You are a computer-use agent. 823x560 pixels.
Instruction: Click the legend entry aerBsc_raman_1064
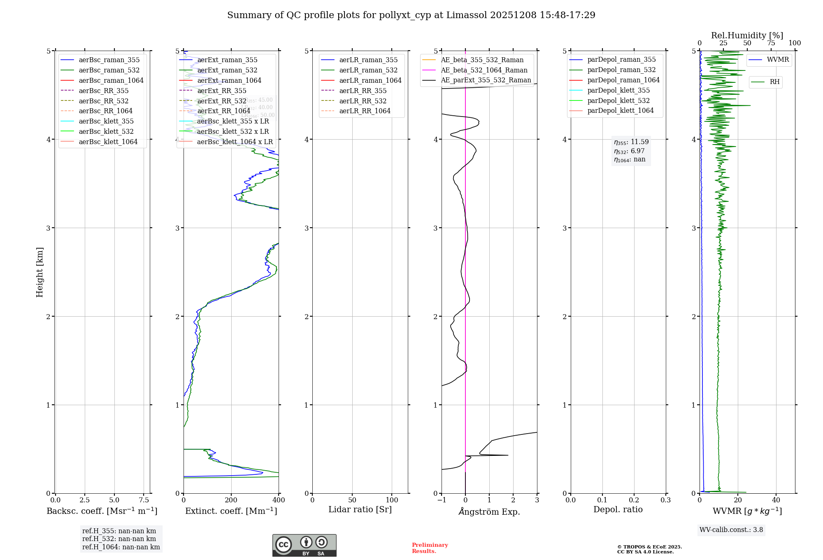point(111,80)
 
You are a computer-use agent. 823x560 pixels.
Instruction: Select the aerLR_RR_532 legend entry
point(363,101)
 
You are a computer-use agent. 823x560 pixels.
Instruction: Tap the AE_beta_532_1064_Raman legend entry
point(484,70)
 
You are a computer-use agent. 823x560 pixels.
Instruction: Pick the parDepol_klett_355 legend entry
point(618,90)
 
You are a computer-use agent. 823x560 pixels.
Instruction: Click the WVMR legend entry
point(778,60)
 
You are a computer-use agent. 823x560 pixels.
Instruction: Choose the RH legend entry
point(774,82)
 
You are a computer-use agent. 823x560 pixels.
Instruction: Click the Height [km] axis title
point(40,272)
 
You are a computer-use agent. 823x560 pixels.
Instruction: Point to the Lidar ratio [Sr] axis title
point(360,509)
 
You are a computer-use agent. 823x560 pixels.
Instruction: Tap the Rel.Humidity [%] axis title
point(747,35)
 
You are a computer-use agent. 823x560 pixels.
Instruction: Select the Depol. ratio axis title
point(618,509)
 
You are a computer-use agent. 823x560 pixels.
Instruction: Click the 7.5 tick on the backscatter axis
point(144,500)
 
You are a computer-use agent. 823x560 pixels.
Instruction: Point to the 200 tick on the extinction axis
point(231,500)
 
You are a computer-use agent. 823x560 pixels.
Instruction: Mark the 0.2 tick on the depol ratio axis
point(634,500)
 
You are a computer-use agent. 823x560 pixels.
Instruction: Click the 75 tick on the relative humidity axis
point(771,43)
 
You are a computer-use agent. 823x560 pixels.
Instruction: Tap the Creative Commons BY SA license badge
point(304,546)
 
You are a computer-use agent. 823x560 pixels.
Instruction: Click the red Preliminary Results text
point(430,548)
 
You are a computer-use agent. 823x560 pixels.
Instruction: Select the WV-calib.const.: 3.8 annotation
point(731,530)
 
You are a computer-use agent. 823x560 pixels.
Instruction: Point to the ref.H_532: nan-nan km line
point(119,539)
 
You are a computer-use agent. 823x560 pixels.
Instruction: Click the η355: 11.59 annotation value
point(631,142)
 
